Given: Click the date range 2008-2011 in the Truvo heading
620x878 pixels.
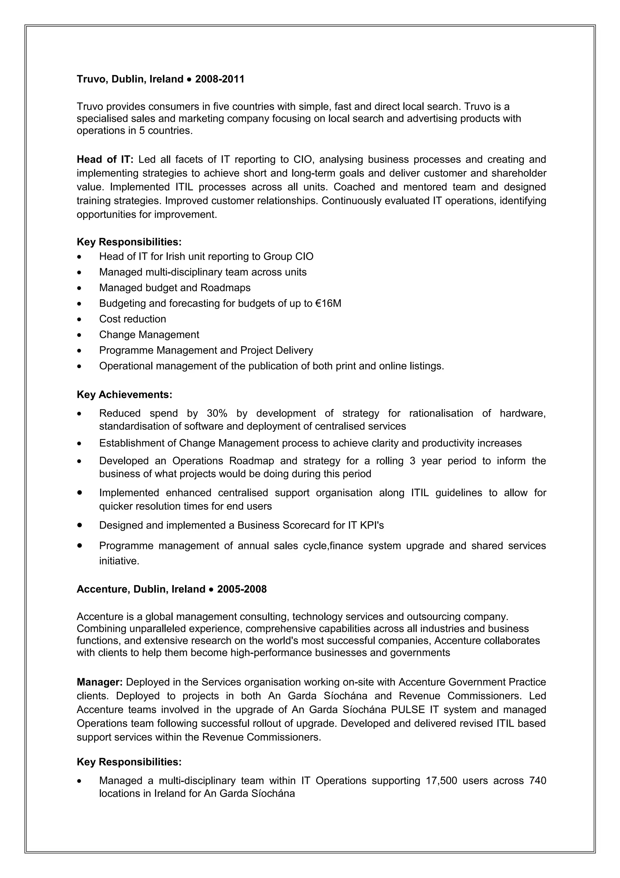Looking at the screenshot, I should [x=220, y=79].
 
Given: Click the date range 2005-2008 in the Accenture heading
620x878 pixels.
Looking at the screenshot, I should [x=242, y=589].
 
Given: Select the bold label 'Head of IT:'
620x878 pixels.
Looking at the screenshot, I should [x=105, y=159].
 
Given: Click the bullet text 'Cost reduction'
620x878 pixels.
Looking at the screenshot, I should [x=133, y=319].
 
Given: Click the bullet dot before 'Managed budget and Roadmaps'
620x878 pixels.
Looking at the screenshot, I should [x=79, y=288].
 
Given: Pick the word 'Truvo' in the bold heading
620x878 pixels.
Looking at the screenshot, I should [x=92, y=79].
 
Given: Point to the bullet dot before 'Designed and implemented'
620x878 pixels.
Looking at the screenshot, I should [x=79, y=525].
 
